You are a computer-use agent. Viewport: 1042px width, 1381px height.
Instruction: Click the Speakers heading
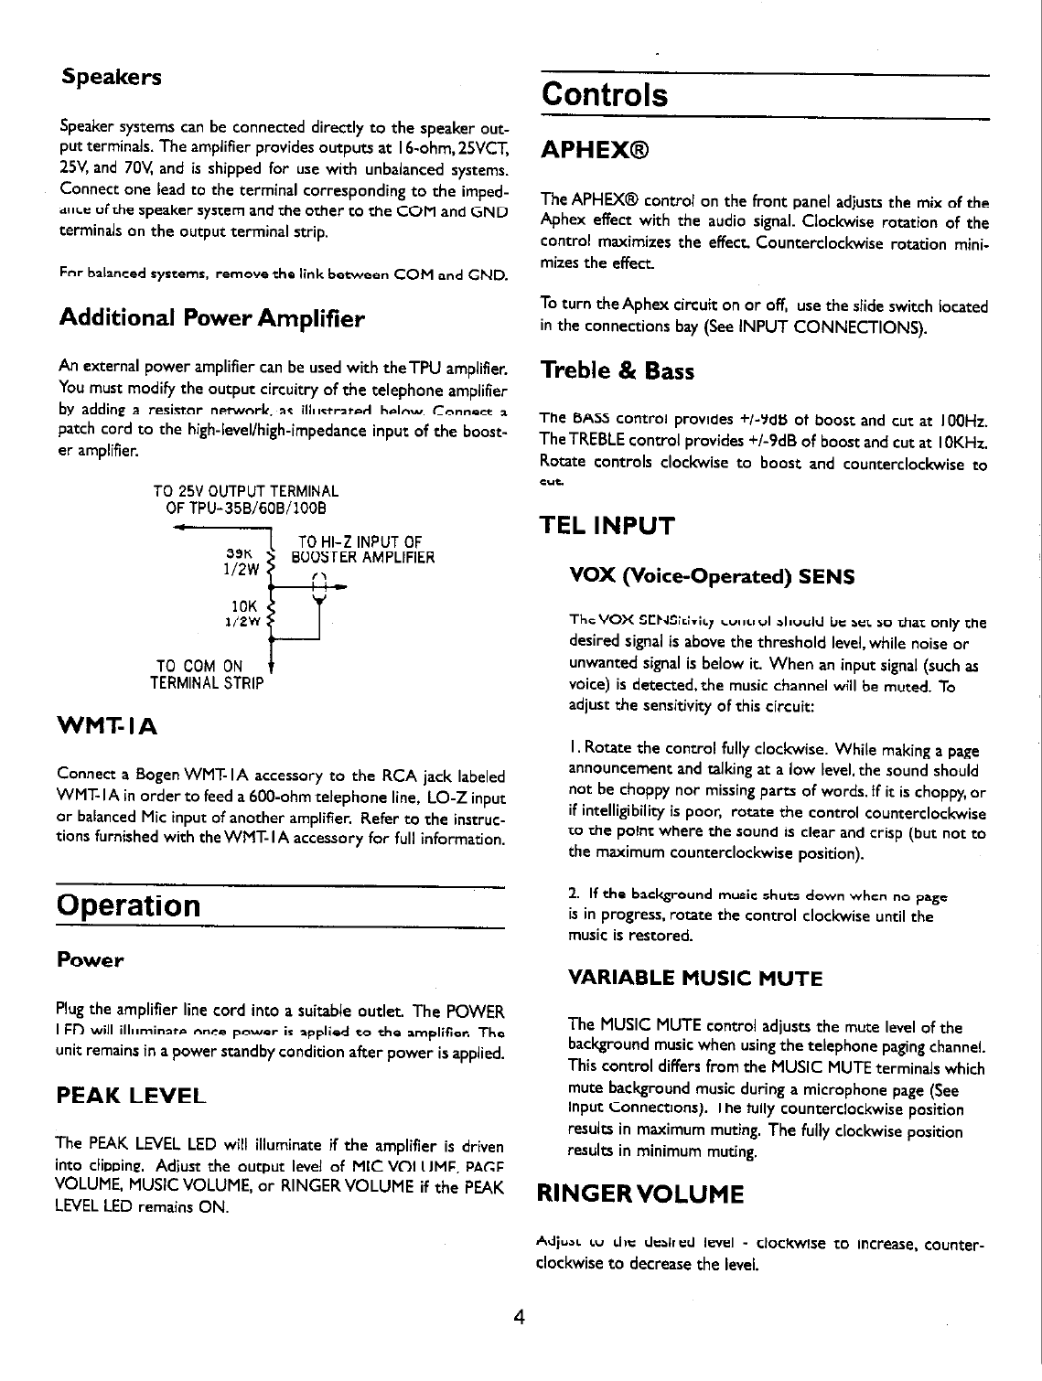pyautogui.click(x=111, y=76)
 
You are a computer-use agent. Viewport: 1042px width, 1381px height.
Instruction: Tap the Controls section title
pyautogui.click(x=604, y=95)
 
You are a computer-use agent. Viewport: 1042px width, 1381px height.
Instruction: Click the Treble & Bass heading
pyautogui.click(x=618, y=370)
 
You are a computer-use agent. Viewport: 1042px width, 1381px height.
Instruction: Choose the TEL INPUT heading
pyautogui.click(x=607, y=526)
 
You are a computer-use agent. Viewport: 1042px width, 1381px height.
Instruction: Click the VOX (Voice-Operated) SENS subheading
pyautogui.click(x=712, y=576)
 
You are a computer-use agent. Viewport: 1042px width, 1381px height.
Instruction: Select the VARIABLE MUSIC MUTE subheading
pyautogui.click(x=695, y=979)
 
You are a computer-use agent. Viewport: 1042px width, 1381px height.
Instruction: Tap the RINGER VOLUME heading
pyautogui.click(x=639, y=1194)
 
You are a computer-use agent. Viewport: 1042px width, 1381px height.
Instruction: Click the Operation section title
pyautogui.click(x=127, y=906)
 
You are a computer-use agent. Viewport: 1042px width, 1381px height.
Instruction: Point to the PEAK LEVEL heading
pyautogui.click(x=130, y=1095)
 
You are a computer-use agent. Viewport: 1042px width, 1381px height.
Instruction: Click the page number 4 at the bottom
pyautogui.click(x=519, y=1318)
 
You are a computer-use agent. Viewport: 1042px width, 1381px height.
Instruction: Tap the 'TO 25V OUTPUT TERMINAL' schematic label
pyautogui.click(x=246, y=492)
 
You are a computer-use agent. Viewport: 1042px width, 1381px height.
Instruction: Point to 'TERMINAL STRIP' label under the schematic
pyautogui.click(x=206, y=682)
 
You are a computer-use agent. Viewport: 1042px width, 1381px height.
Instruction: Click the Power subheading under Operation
pyautogui.click(x=90, y=960)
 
